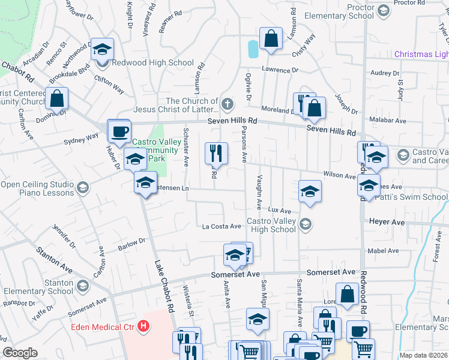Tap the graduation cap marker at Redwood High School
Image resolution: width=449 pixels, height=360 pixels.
(x=102, y=50)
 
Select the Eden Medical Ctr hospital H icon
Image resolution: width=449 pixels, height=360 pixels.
(x=143, y=326)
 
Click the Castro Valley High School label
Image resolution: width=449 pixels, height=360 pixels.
(x=272, y=225)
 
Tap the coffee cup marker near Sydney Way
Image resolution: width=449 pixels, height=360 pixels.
(x=119, y=132)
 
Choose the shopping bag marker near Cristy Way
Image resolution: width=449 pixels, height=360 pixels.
(x=271, y=38)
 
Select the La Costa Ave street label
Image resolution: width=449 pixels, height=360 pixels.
(x=221, y=226)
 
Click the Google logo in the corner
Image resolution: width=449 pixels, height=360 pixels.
(x=20, y=353)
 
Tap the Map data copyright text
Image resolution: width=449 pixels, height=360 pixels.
(x=424, y=355)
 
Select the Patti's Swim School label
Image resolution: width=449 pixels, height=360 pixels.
(x=414, y=197)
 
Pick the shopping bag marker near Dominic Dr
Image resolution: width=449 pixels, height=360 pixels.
(x=56, y=98)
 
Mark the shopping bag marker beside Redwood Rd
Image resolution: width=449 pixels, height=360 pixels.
(x=348, y=295)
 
